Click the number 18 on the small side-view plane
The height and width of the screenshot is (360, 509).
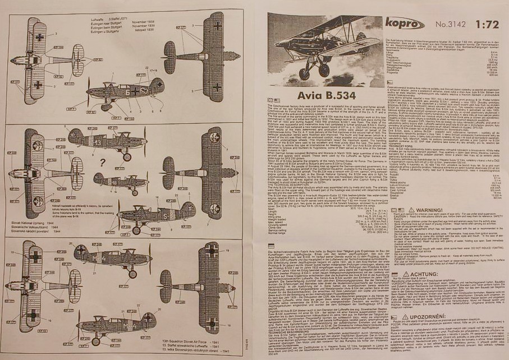pyautogui.click(x=114, y=182)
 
